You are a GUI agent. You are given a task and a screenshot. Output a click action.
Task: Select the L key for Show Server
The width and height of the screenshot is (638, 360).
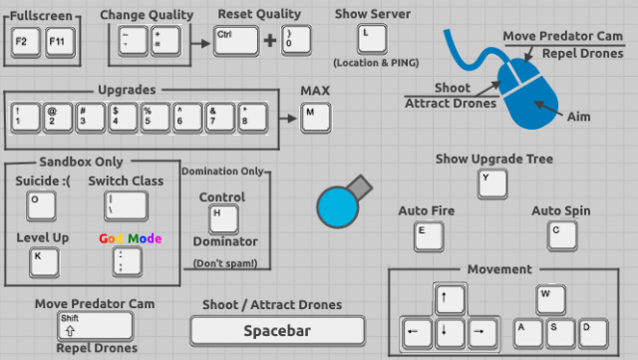click(371, 38)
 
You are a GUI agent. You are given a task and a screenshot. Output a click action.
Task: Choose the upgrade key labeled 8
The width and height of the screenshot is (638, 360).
click(253, 117)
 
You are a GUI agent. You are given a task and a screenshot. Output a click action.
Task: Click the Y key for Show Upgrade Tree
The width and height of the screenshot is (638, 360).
click(491, 183)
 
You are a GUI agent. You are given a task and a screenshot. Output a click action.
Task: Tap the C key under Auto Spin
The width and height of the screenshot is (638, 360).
click(561, 236)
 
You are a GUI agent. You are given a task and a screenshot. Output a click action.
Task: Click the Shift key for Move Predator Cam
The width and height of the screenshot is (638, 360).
click(95, 325)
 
